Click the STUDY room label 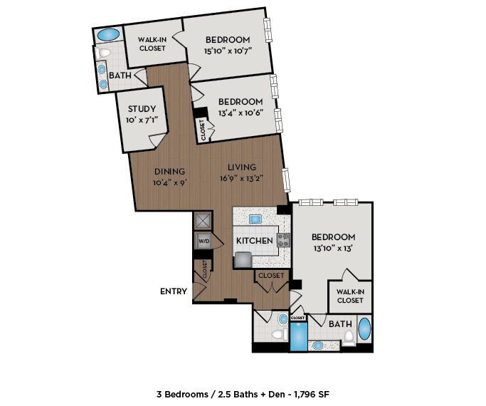(x=142, y=109)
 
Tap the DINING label (x=169, y=171)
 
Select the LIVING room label (x=242, y=167)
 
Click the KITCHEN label (x=255, y=241)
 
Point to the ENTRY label (x=174, y=291)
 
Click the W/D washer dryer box (x=204, y=241)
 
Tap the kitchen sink (x=255, y=219)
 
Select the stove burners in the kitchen (x=284, y=240)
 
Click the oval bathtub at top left (x=108, y=35)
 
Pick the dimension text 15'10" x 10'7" (x=227, y=51)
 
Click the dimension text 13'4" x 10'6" (x=241, y=113)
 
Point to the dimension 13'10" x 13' (x=333, y=248)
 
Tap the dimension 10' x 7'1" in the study (x=142, y=120)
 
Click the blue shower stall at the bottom (x=298, y=337)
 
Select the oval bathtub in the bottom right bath (x=364, y=329)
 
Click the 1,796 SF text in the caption (x=312, y=394)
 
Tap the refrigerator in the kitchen (x=243, y=260)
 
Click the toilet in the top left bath (x=103, y=53)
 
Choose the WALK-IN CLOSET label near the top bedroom (x=152, y=44)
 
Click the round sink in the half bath (x=282, y=319)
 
